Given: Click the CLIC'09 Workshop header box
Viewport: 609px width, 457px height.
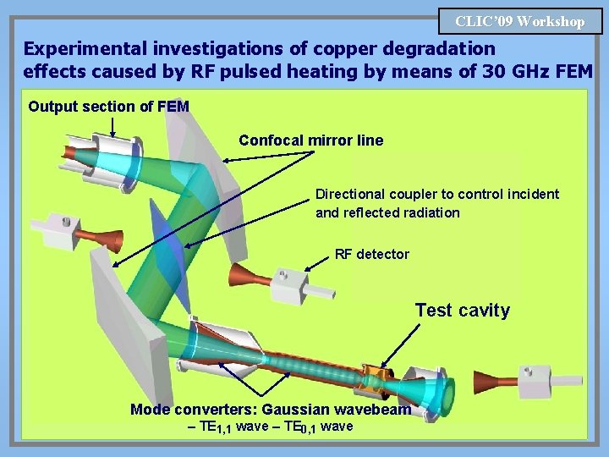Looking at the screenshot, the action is [x=520, y=21].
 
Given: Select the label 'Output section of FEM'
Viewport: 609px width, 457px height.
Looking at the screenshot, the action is [x=108, y=107].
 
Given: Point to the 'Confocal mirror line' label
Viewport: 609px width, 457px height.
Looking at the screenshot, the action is [x=310, y=140].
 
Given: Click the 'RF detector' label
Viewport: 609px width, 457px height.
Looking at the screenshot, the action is [x=371, y=254].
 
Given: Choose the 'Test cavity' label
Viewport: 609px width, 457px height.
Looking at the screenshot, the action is [x=462, y=311].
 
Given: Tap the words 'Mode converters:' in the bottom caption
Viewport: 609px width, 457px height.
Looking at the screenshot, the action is [x=194, y=410].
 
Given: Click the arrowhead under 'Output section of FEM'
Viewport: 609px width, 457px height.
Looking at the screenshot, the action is [x=113, y=134].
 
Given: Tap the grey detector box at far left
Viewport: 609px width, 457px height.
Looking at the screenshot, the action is [x=59, y=225].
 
